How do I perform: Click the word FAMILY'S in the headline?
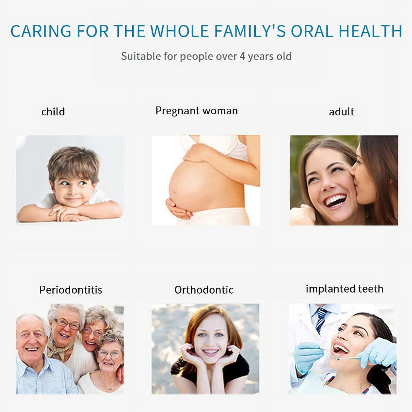click(250, 31)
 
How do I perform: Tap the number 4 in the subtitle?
click(242, 56)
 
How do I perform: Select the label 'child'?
click(53, 112)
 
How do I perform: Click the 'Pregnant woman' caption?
click(197, 111)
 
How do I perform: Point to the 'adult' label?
click(341, 112)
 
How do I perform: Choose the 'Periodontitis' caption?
click(71, 290)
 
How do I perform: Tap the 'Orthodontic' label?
click(204, 290)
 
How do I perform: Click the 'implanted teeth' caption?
click(345, 289)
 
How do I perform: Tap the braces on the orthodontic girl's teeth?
click(211, 352)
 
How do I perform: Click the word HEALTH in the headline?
click(370, 31)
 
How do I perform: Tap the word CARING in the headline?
click(41, 31)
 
